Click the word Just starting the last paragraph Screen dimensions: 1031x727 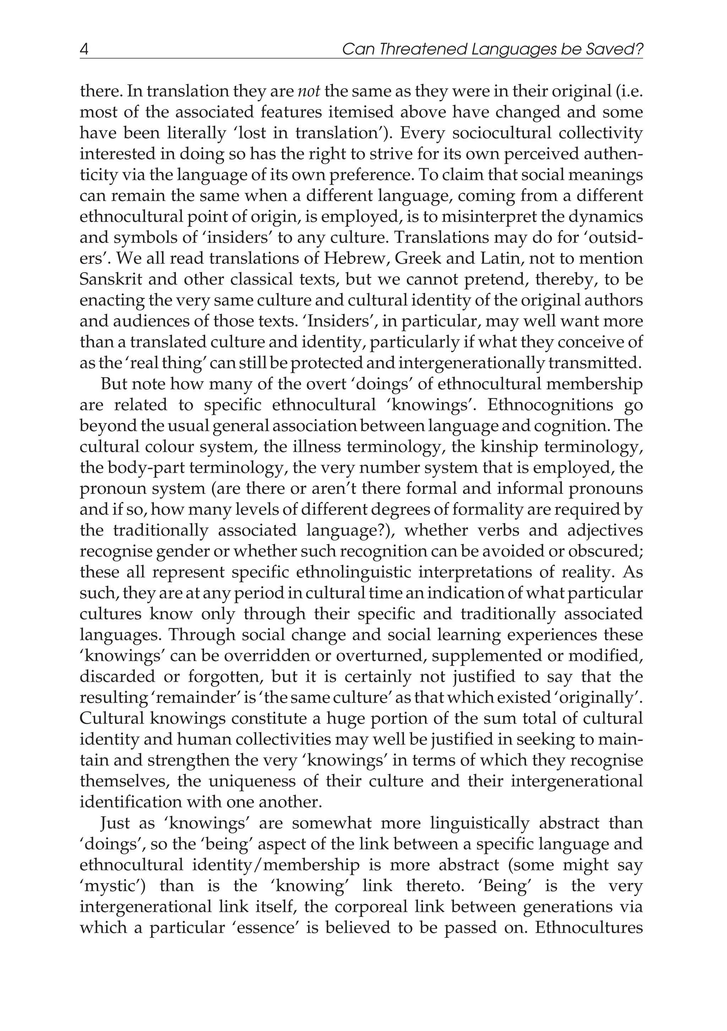point(116,823)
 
